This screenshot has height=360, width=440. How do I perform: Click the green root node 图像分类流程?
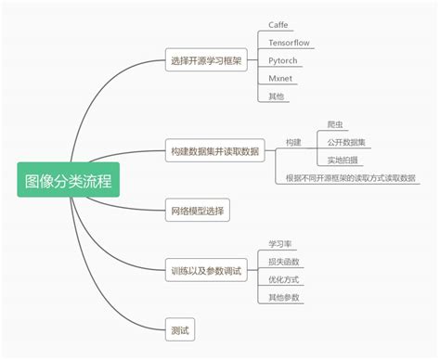69,179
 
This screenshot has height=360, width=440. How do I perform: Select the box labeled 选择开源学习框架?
205,61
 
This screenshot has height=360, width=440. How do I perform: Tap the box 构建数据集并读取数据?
214,150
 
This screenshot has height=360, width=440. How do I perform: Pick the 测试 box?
180,329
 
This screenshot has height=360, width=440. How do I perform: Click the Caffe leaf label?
278,24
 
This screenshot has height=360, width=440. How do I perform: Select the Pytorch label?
282,60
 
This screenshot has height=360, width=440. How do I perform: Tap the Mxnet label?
280,78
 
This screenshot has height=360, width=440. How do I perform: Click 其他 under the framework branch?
277,96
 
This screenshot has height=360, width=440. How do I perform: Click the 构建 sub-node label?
294,143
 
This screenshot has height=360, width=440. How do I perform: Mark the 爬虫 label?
336,124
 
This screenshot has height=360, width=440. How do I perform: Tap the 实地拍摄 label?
343,160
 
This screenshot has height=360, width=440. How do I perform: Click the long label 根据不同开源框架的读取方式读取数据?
351,177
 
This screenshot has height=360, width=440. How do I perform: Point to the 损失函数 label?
283,261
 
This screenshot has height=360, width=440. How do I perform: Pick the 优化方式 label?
283,278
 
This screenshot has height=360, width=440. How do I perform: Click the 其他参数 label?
283,296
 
